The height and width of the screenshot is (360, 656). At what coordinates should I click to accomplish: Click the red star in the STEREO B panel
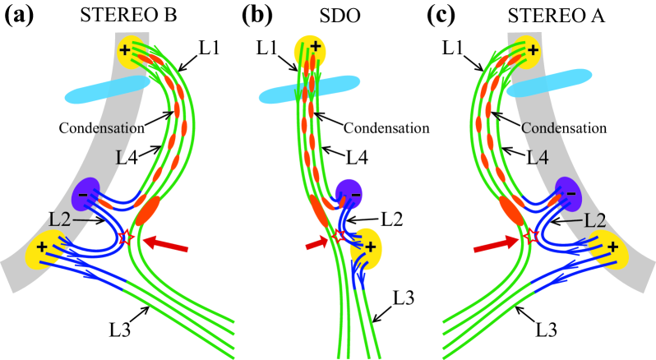tap(126, 238)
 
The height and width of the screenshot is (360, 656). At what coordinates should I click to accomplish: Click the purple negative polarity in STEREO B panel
tap(86, 195)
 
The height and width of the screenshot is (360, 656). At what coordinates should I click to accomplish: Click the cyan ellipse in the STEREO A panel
tap(552, 83)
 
